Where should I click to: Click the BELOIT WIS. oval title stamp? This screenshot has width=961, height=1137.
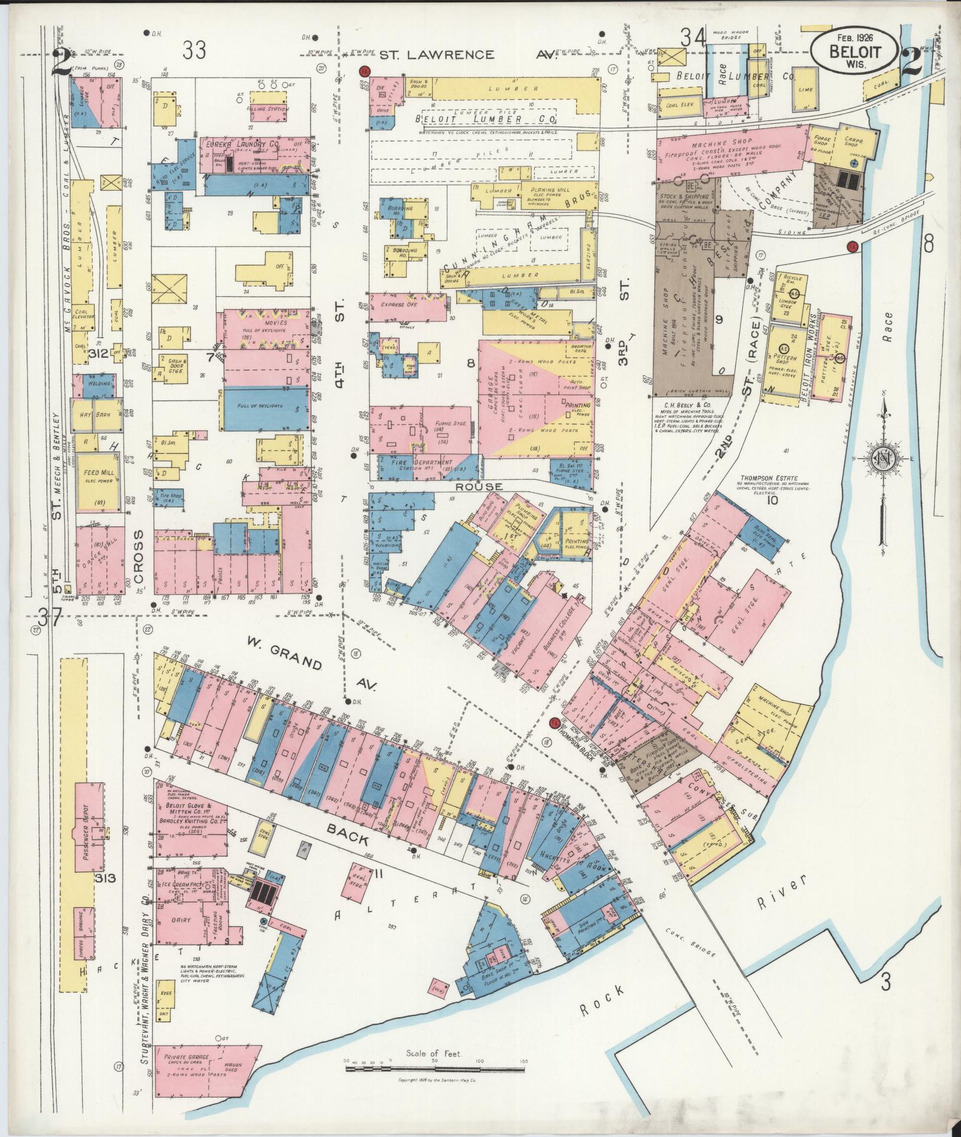pos(854,50)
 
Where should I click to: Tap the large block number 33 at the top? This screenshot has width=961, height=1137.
pos(194,51)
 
